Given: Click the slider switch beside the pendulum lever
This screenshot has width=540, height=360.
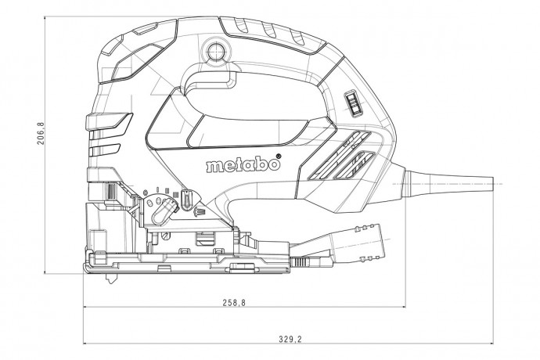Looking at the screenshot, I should [188, 200].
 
